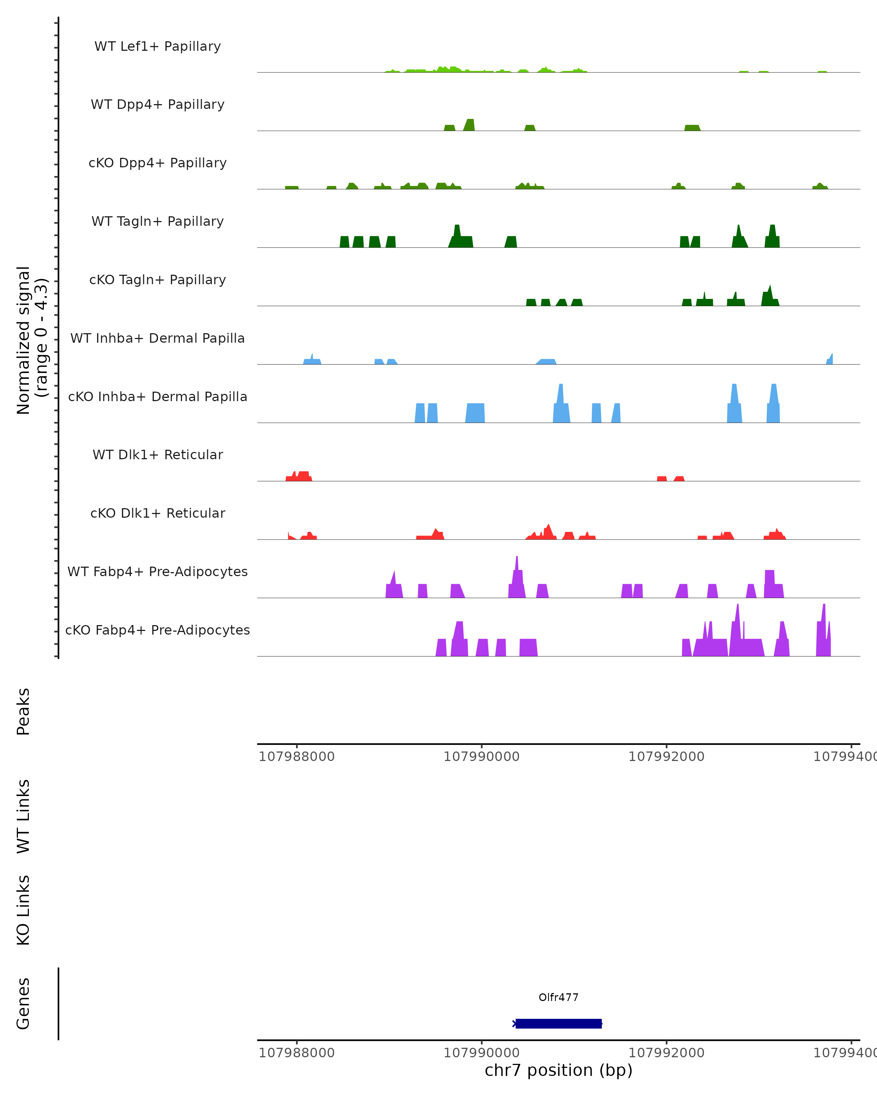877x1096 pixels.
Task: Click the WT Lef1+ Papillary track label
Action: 157,46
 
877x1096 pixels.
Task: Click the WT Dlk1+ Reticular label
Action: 157,454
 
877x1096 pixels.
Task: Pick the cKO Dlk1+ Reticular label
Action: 157,513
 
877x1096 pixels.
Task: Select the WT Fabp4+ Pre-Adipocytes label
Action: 157,571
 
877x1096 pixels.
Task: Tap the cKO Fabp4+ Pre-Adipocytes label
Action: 157,630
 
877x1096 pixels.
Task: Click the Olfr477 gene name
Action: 558,997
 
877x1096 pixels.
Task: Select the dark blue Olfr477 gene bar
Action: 558,1024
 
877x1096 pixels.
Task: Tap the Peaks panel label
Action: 23,711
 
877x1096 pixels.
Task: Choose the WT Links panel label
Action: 23,816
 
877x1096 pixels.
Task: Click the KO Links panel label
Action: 23,910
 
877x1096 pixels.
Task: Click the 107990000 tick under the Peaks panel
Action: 482,757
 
